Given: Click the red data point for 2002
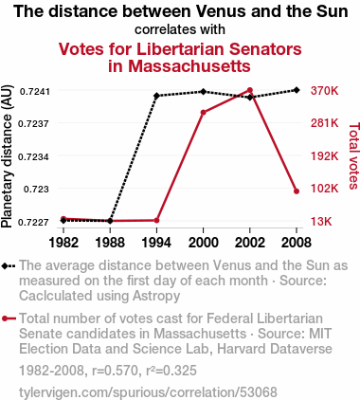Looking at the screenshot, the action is pyautogui.click(x=250, y=90).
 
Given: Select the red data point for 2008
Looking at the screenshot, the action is pyautogui.click(x=297, y=191).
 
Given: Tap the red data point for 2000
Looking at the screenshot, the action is pyautogui.click(x=204, y=112).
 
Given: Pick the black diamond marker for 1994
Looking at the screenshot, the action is pyautogui.click(x=156, y=96).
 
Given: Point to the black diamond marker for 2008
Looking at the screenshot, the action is pyautogui.click(x=297, y=90).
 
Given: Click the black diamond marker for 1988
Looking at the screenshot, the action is pyautogui.click(x=110, y=221).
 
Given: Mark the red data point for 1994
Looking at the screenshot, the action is pyautogui.click(x=156, y=220).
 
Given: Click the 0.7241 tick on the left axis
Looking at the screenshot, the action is pyautogui.click(x=35, y=92).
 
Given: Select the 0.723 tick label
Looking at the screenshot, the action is pyautogui.click(x=37, y=189).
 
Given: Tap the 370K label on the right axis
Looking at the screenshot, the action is pyautogui.click(x=324, y=91).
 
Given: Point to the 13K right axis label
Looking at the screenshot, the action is pyautogui.click(x=321, y=222).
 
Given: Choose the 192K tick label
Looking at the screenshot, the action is pyautogui.click(x=324, y=156).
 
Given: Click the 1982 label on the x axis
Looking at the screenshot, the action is pyautogui.click(x=63, y=243).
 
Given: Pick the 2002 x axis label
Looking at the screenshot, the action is pyautogui.click(x=250, y=243).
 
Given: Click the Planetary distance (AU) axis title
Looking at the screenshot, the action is pyautogui.click(x=7, y=156).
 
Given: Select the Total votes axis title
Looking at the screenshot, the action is pyautogui.click(x=353, y=156).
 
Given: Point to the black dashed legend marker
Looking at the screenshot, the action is pyautogui.click(x=9, y=265).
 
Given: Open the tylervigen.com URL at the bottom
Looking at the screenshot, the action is pyautogui.click(x=148, y=392).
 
